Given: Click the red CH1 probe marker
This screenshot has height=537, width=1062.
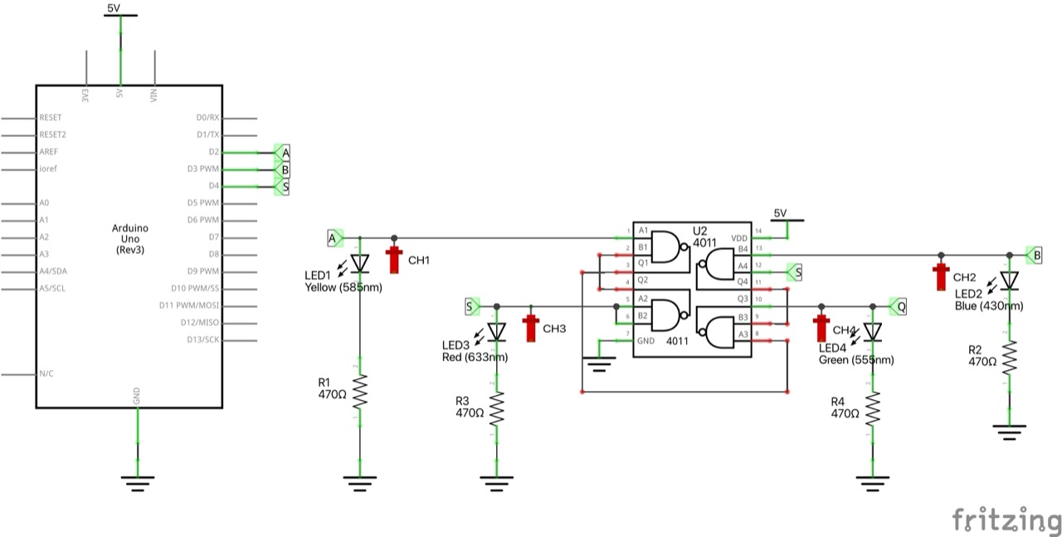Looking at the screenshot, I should [395, 260].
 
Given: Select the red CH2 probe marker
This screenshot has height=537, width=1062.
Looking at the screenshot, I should [941, 276].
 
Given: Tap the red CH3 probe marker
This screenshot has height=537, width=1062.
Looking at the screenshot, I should [531, 329].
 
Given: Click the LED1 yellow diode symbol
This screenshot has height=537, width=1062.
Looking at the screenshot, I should [359, 262].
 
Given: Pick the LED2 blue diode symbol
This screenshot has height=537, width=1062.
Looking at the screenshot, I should [1009, 281].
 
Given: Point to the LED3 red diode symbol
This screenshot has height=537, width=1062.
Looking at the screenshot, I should [496, 331].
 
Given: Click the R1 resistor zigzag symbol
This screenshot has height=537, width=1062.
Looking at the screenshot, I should [359, 391].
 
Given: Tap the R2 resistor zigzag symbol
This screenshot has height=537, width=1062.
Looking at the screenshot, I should [1009, 357].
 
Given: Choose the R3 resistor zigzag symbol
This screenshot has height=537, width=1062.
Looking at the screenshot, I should [496, 408].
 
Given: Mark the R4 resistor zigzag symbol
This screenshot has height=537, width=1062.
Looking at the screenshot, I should [872, 408].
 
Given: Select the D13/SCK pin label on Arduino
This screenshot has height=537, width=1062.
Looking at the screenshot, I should [202, 339].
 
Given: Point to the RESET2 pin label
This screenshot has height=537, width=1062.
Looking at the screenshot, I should [52, 134].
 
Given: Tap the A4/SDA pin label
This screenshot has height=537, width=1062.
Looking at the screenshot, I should [54, 271].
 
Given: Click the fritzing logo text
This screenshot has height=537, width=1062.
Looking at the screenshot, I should [1006, 520].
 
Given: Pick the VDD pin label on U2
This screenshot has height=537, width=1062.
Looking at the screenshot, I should [738, 238].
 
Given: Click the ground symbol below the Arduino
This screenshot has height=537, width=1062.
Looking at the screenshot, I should [137, 479].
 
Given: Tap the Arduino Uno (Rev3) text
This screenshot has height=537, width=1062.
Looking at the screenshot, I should [129, 238].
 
